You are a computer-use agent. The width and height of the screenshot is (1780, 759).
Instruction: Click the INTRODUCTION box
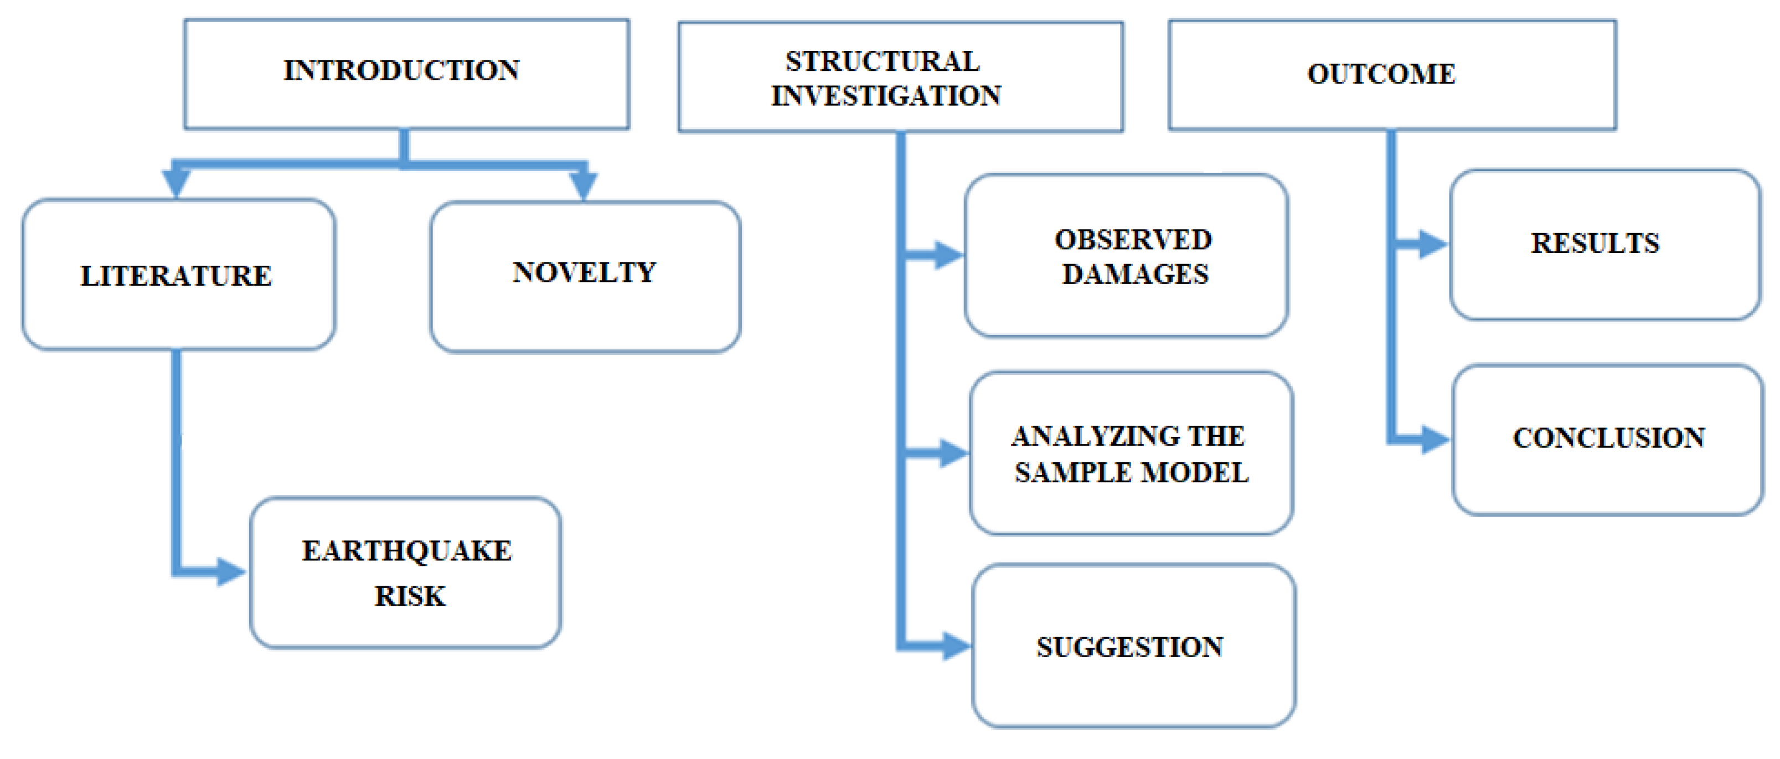point(406,73)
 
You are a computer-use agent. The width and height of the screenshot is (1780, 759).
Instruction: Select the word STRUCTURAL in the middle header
point(883,61)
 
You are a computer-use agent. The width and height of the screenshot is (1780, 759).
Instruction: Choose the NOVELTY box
point(585,276)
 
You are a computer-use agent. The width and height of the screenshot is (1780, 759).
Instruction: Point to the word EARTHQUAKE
point(406,550)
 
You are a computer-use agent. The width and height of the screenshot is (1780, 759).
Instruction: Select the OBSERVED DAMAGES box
point(1126,256)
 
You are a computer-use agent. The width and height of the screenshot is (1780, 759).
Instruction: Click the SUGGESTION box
point(1133,646)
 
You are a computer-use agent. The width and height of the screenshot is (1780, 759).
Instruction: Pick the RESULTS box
point(1604,244)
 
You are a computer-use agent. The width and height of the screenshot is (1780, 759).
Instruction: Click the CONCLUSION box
point(1607,439)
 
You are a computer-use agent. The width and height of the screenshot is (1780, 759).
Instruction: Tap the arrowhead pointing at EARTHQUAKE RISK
point(230,572)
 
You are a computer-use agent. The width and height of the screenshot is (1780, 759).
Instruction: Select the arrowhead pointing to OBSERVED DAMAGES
point(948,255)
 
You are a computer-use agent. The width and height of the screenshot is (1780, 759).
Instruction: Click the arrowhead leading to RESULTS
point(1432,244)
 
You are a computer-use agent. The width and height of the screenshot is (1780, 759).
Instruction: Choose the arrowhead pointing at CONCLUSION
point(1435,439)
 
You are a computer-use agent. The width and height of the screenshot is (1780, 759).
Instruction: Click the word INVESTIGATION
point(886,96)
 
